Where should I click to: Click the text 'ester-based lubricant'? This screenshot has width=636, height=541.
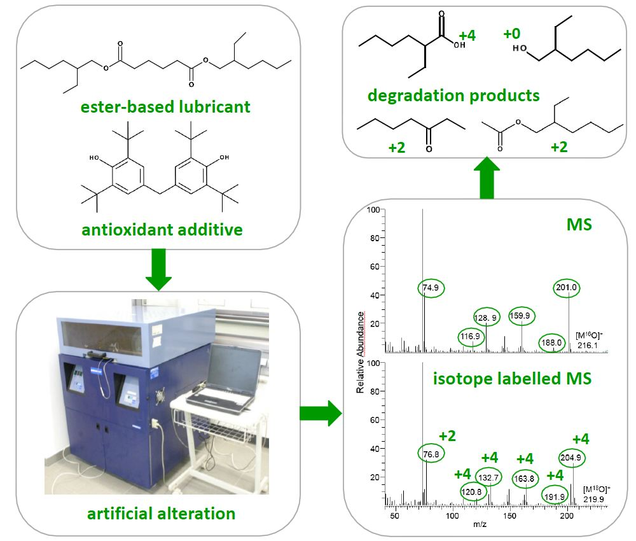coord(165,106)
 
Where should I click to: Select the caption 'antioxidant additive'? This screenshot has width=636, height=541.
coord(162,229)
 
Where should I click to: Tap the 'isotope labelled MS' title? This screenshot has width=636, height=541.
coord(512,379)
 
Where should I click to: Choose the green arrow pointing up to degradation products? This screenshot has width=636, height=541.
coord(487,179)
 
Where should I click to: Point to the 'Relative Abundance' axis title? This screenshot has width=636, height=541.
coord(361,352)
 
